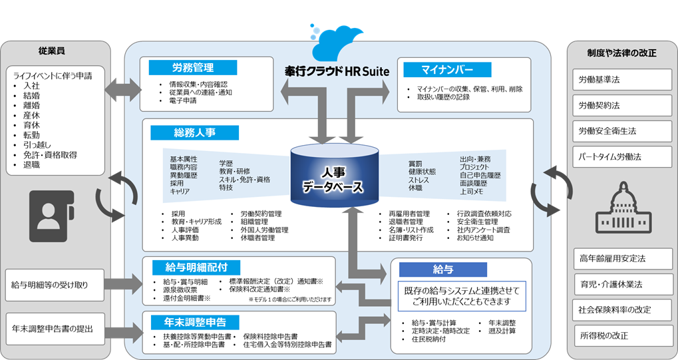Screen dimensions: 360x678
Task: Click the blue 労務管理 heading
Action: [x=192, y=67]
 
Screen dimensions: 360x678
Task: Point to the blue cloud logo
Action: [x=340, y=41]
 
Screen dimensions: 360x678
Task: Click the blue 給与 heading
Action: [x=442, y=269]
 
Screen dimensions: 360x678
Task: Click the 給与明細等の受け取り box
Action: [x=55, y=285]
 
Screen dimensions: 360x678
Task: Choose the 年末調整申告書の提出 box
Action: [x=55, y=329]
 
